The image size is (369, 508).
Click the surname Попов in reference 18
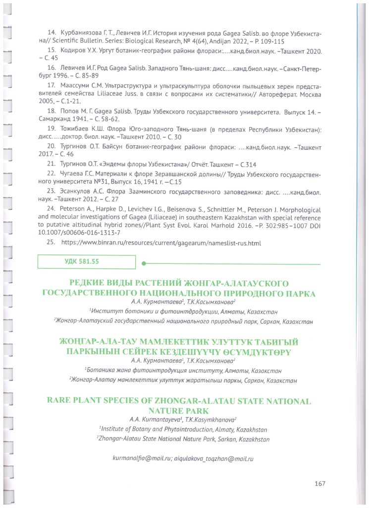click(x=70, y=112)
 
